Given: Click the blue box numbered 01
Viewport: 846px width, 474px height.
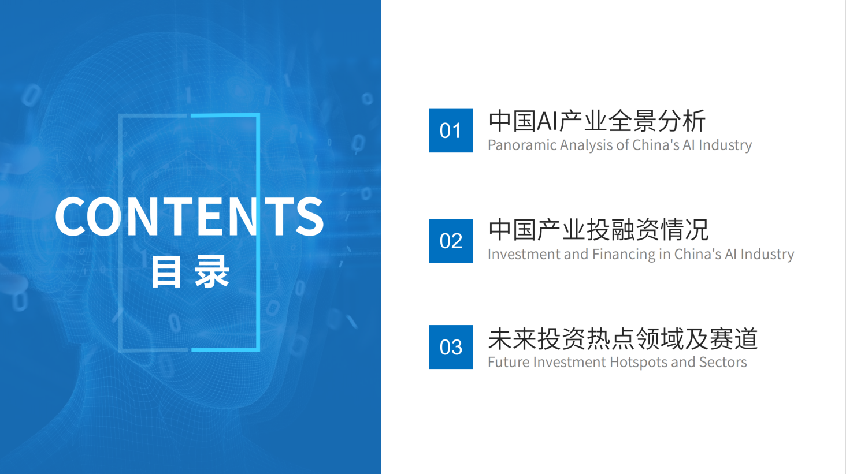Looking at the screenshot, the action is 451,130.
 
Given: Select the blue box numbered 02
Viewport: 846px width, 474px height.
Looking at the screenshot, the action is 451,241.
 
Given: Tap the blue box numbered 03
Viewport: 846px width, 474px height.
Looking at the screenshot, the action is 451,347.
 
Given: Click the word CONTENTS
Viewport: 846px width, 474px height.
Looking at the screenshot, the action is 189,217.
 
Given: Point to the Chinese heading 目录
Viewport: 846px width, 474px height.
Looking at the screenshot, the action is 190,271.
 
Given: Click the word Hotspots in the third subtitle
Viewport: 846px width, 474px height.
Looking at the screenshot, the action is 639,363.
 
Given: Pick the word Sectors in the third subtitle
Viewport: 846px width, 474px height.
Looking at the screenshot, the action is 723,363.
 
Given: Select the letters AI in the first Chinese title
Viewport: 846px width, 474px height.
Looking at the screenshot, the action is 548,121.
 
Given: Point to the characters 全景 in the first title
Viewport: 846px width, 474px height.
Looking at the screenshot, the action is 633,121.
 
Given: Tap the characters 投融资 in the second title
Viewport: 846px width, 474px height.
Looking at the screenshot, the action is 624,230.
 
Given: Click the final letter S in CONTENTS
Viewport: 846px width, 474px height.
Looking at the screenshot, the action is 309,217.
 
